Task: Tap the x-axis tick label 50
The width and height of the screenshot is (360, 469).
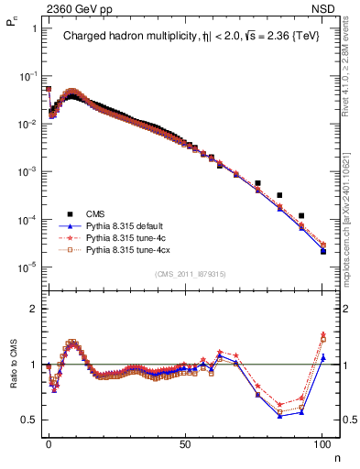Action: [x=185, y=441]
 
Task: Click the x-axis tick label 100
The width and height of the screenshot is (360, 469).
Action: [x=322, y=441]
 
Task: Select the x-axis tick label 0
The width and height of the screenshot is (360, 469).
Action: [x=49, y=441]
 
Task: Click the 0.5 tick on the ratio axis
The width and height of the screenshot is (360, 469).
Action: [x=29, y=420]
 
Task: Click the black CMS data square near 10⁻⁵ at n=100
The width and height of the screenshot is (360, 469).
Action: [x=323, y=251]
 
